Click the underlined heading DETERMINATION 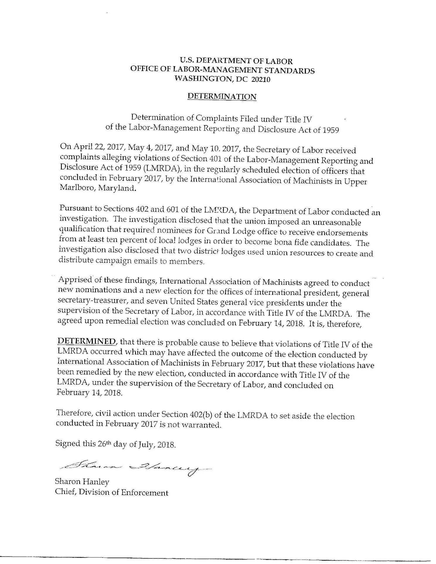[x=222, y=96]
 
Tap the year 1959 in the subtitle [x=330, y=130]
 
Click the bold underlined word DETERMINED [x=87, y=341]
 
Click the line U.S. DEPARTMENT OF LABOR [x=236, y=61]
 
